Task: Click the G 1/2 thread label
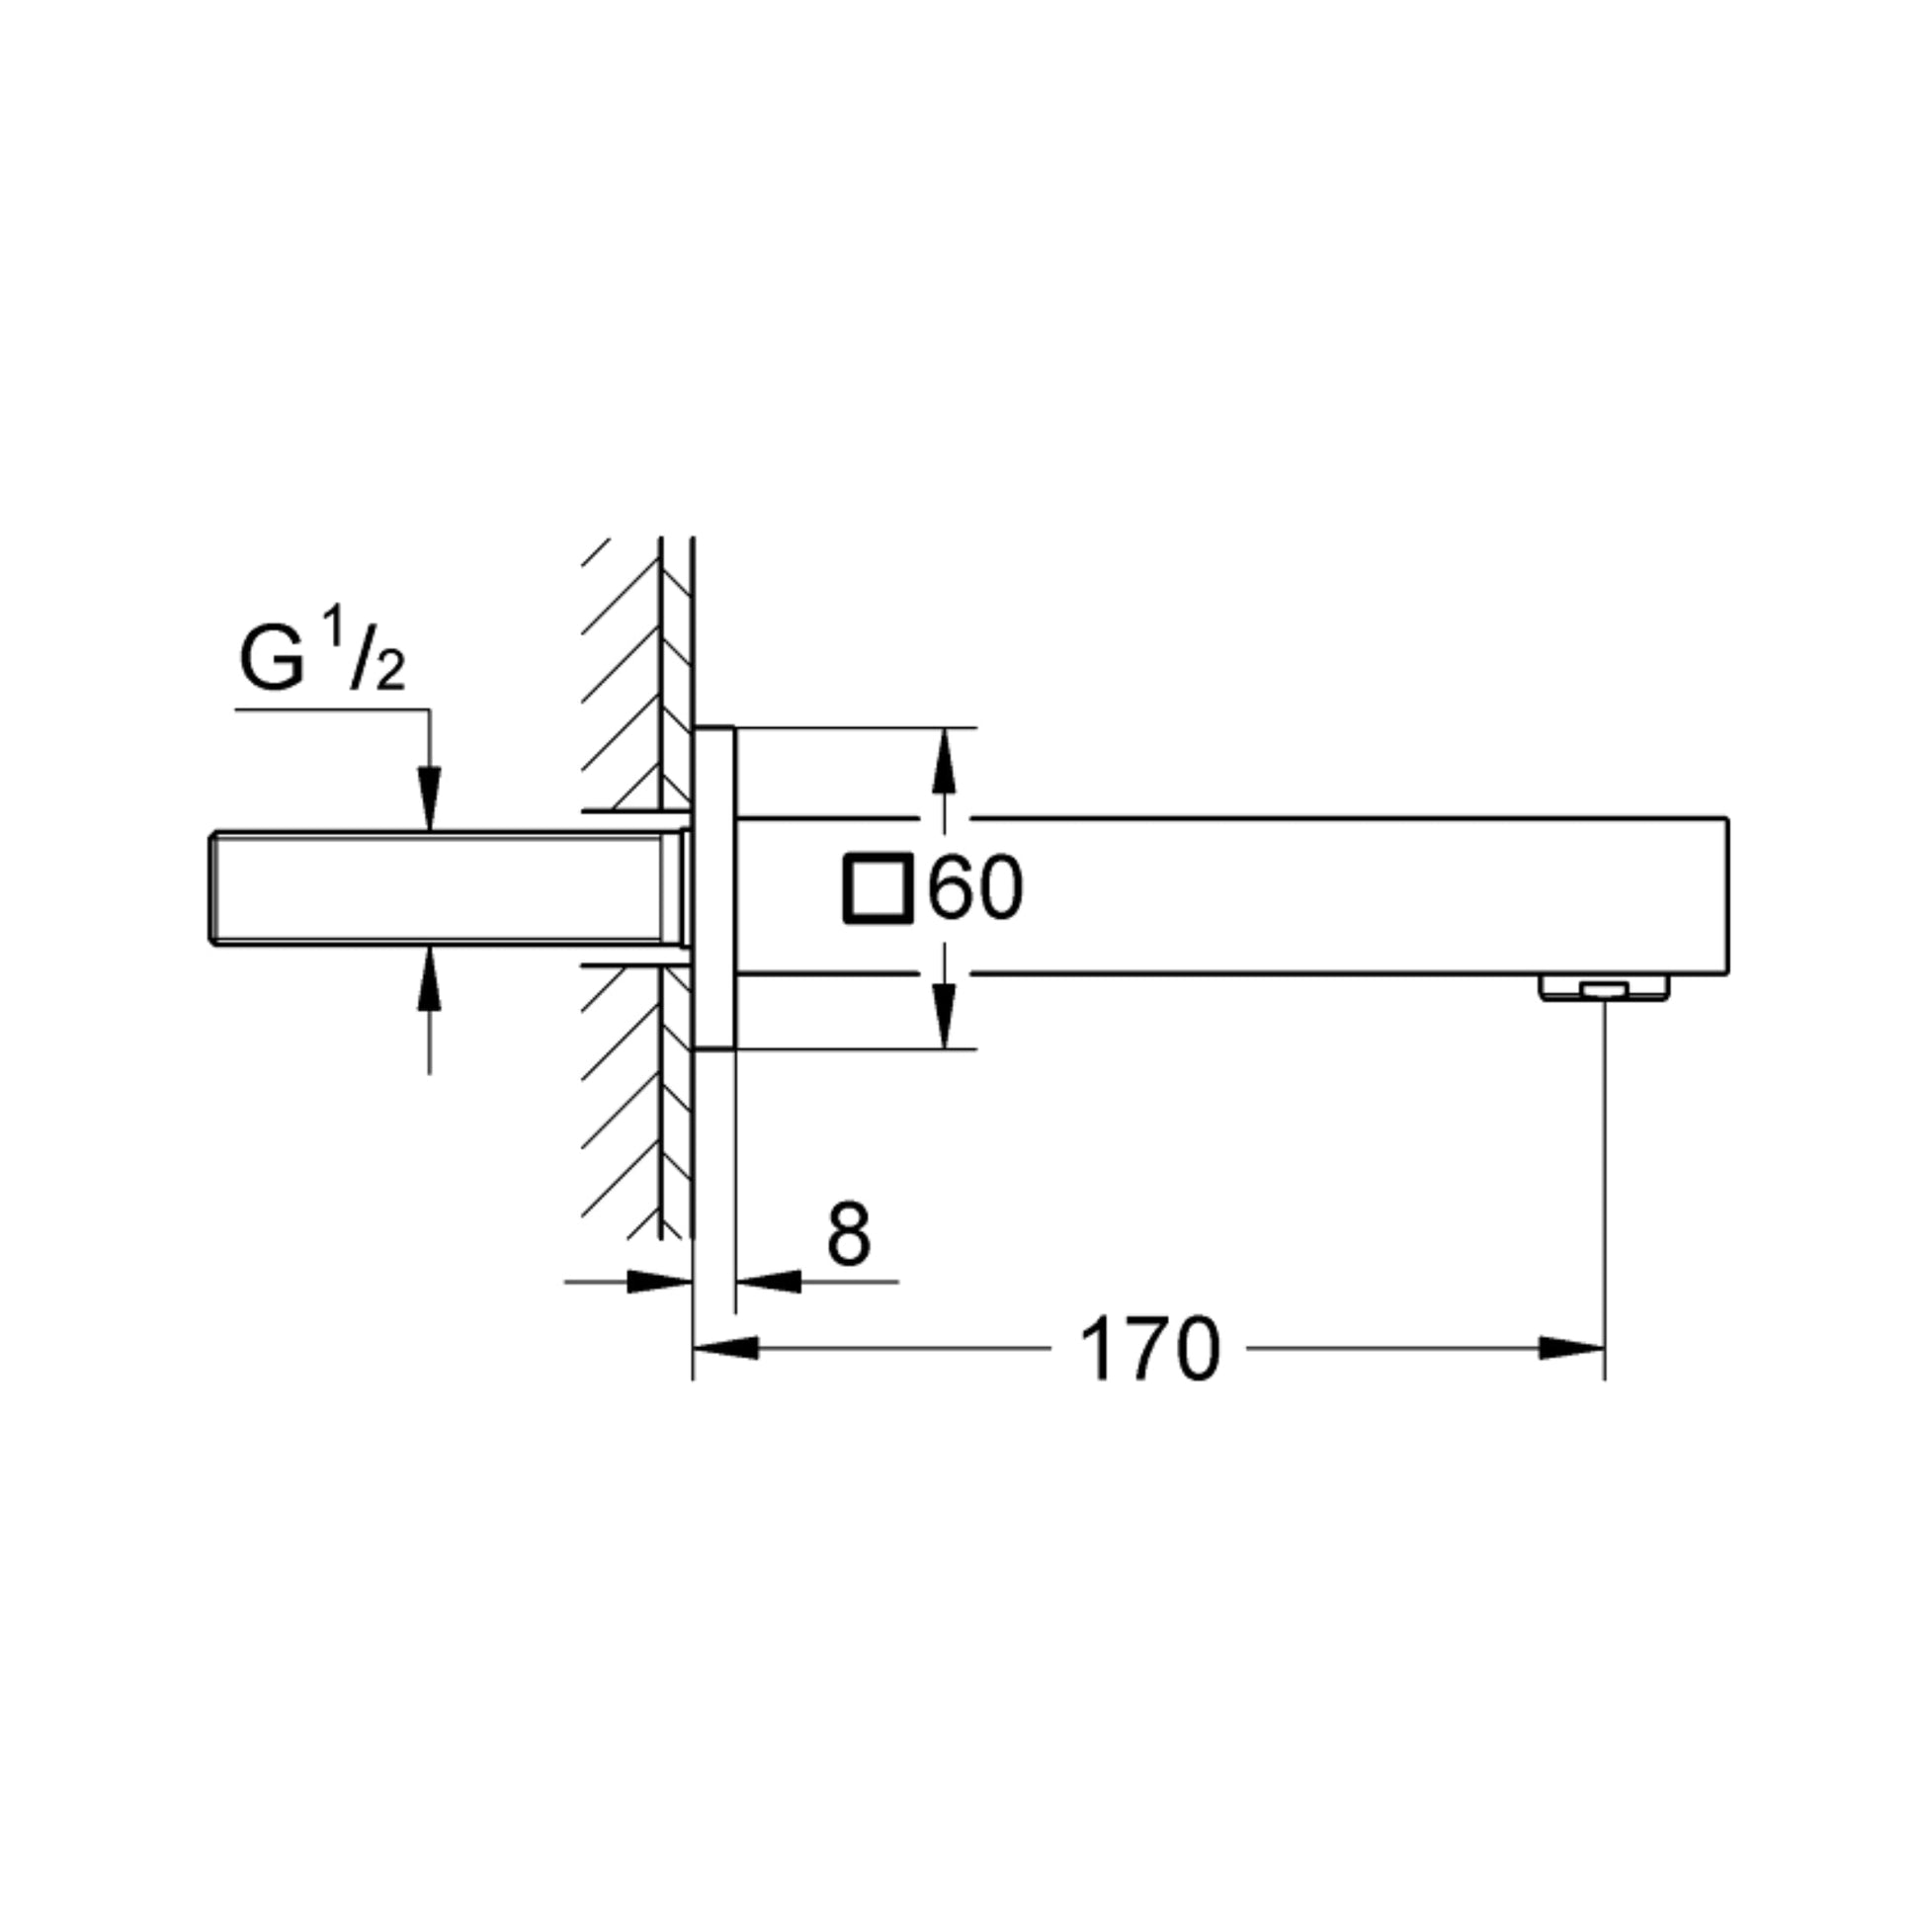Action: point(320,657)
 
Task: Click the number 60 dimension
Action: point(974,888)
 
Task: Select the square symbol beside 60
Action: point(877,887)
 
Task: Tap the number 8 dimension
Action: point(848,1234)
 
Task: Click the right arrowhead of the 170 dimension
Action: point(1571,1349)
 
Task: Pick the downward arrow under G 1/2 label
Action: point(429,796)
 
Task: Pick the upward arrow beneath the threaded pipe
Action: point(429,979)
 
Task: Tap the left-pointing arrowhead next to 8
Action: point(769,1282)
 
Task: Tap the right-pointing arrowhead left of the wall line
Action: point(659,1282)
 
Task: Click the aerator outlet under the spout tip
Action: point(1604,988)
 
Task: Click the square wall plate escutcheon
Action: point(714,887)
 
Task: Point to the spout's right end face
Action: point(1726,896)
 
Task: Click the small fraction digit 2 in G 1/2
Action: point(390,677)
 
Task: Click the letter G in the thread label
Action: point(272,659)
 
